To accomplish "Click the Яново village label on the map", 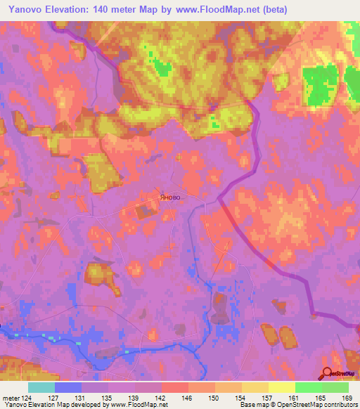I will click(169, 197).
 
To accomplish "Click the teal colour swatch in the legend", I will click(41, 387).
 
